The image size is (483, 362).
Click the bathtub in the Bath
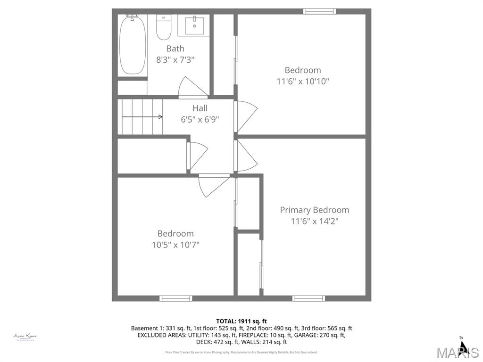(x=132, y=45)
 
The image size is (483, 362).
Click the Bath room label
(x=175, y=49)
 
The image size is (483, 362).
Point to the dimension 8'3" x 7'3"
(x=175, y=60)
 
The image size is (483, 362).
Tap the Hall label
(x=200, y=108)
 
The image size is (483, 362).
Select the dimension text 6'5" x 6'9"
(x=200, y=120)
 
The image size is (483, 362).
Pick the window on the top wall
(x=319, y=11)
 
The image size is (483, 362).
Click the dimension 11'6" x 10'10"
(x=302, y=81)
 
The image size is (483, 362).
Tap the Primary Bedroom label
(x=314, y=210)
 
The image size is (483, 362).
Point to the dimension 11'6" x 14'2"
(x=314, y=221)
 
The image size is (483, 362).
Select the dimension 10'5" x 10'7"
(x=175, y=245)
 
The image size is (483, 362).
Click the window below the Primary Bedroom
(x=308, y=298)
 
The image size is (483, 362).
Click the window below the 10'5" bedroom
(x=175, y=298)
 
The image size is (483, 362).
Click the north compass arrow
(x=463, y=346)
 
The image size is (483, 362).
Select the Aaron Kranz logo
(x=25, y=337)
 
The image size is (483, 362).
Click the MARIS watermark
(x=458, y=353)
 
